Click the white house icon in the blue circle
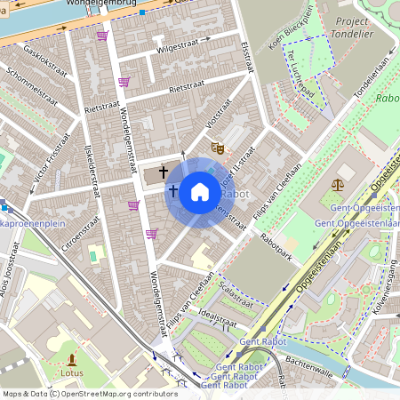(x=200, y=192)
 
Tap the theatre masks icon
(x=217, y=148)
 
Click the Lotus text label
(x=72, y=373)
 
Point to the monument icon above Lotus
(x=72, y=359)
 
